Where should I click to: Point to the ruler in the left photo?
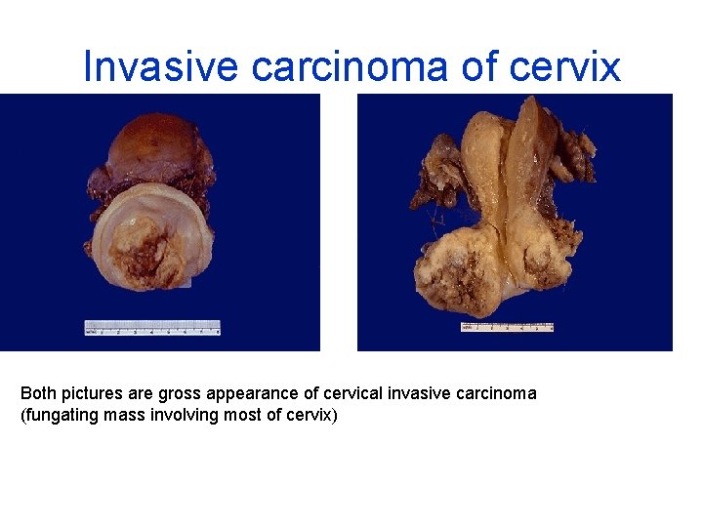coord(151,327)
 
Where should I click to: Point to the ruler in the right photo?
coord(507,327)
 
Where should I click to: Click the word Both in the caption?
coord(38,393)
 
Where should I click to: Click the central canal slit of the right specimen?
coord(505,195)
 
